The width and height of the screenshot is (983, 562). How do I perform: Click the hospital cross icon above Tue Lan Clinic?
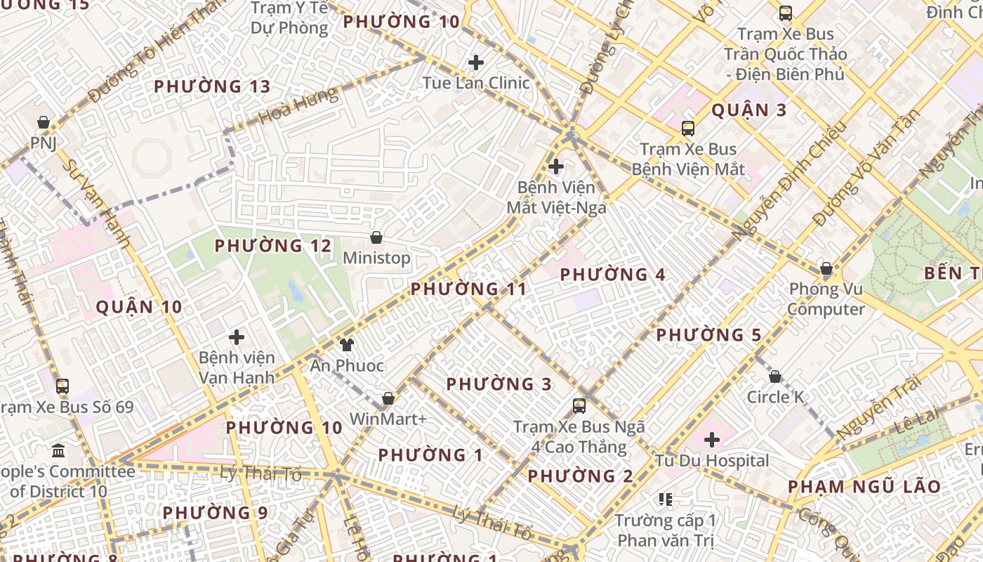[476, 63]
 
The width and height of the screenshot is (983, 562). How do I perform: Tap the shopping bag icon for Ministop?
[376, 237]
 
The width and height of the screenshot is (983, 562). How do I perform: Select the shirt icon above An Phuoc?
[347, 344]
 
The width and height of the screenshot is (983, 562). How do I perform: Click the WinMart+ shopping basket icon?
[388, 399]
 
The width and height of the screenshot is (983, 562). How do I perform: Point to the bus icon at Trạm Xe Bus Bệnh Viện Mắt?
[688, 129]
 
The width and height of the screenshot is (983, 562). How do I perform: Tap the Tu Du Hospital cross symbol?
[712, 440]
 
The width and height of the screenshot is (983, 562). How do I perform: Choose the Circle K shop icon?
[775, 377]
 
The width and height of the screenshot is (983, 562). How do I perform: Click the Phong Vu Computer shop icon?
[826, 268]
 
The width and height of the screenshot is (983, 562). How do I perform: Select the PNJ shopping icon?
[44, 122]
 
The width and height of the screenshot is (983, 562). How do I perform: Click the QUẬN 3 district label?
[749, 110]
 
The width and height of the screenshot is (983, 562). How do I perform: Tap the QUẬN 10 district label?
[139, 307]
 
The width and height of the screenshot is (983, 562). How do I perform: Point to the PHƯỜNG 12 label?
[272, 246]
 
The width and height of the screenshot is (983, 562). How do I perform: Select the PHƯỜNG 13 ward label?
[212, 86]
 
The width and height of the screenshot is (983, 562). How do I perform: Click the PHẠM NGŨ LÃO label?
[864, 487]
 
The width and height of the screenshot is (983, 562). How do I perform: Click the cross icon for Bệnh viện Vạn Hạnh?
[237, 337]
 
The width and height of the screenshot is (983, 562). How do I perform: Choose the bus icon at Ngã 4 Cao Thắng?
[579, 405]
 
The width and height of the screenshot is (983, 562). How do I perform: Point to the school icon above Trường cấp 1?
[666, 499]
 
